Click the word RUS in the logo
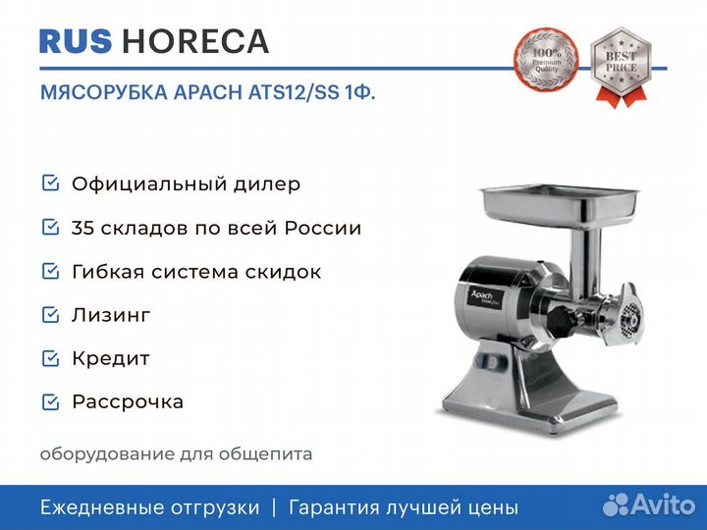[76, 41]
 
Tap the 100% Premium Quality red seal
[547, 62]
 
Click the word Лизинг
[111, 315]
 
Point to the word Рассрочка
[128, 402]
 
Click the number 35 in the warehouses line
[82, 229]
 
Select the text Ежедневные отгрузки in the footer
[149, 507]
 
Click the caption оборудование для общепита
[176, 454]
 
